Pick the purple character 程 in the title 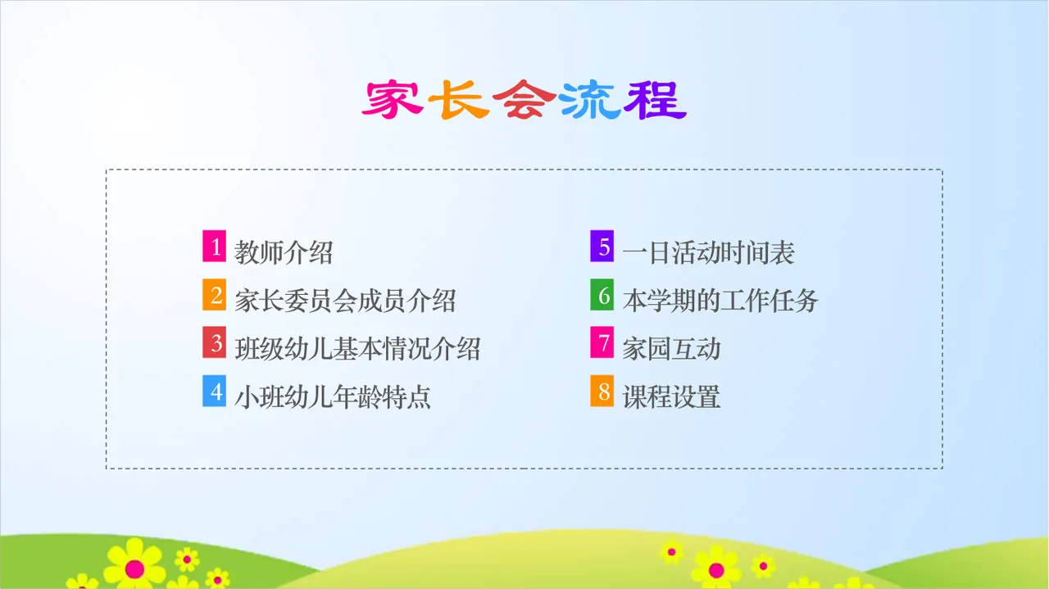click(x=655, y=101)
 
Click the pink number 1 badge click(x=215, y=247)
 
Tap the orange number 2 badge click(x=215, y=296)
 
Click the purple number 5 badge click(x=602, y=247)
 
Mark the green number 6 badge click(x=602, y=296)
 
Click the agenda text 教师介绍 click(x=284, y=252)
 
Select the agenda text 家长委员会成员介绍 click(x=345, y=301)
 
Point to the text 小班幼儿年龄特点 click(x=333, y=397)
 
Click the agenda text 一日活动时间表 click(x=708, y=252)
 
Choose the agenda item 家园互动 click(x=671, y=349)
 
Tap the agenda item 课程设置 click(x=671, y=397)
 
